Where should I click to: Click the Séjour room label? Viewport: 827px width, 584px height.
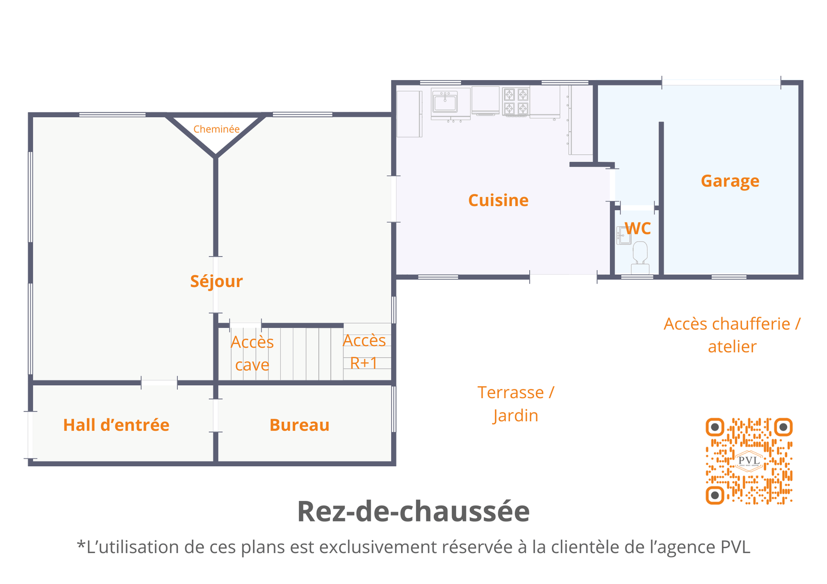(216, 281)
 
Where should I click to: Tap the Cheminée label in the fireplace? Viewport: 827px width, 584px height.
(217, 129)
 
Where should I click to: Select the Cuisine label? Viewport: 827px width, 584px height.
(498, 200)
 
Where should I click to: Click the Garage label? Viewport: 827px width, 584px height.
(730, 181)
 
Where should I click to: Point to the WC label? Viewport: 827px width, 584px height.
(638, 228)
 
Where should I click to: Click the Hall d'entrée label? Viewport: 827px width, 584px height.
(116, 425)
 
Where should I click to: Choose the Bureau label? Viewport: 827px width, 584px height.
(299, 425)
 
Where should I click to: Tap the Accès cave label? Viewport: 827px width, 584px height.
(252, 353)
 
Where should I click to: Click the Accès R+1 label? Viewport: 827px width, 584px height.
(364, 352)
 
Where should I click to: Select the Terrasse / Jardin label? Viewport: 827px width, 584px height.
(515, 404)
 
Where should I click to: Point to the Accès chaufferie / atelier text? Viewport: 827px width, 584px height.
(732, 335)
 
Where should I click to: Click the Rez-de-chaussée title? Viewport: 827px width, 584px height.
(413, 511)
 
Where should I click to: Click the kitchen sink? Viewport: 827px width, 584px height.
(445, 102)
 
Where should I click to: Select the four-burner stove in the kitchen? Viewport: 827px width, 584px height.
(516, 101)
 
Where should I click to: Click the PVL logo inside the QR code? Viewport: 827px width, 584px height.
(749, 461)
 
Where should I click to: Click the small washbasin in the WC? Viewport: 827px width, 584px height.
(623, 236)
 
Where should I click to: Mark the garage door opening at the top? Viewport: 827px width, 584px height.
(721, 82)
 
